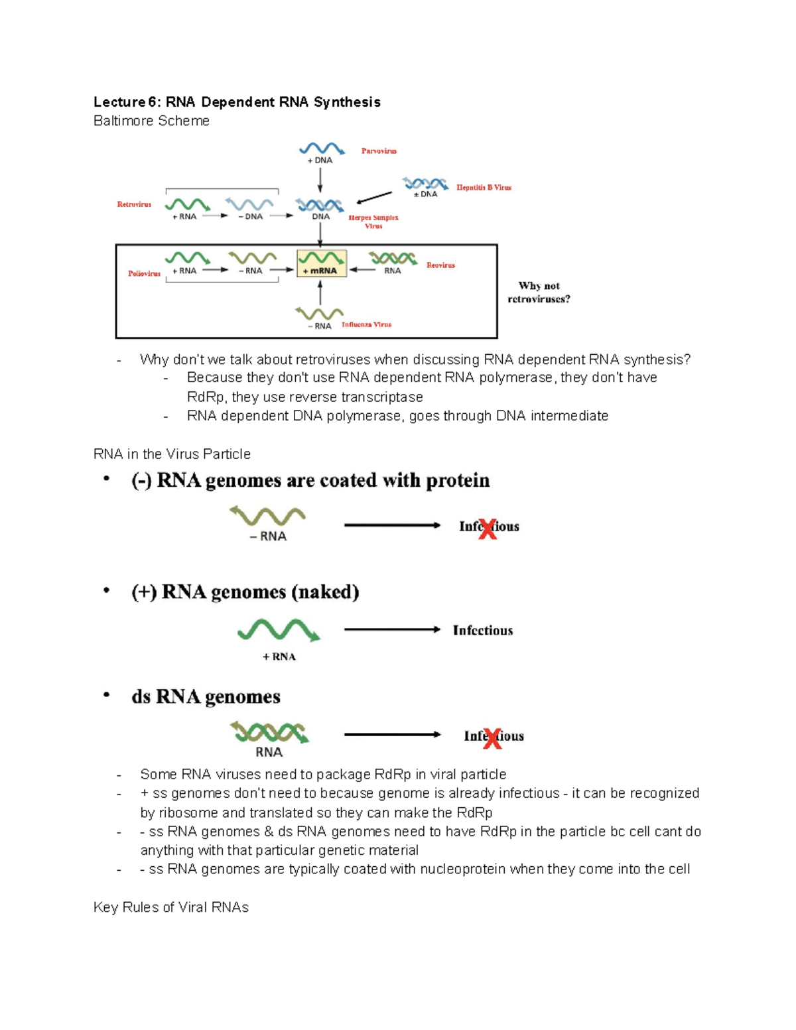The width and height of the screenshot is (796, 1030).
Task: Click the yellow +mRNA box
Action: (321, 263)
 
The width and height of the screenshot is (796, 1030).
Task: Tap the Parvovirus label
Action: (379, 151)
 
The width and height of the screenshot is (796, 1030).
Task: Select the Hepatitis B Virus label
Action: (484, 188)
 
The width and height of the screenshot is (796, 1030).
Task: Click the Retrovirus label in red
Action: (134, 204)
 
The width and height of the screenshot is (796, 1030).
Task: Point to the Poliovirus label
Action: (144, 273)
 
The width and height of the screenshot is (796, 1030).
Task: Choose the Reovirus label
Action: (440, 265)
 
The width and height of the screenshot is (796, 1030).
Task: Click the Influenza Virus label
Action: (366, 325)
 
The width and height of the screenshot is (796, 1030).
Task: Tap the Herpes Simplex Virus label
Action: (373, 222)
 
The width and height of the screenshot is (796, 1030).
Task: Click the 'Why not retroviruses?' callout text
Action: (539, 292)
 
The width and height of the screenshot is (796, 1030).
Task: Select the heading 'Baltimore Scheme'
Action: (151, 121)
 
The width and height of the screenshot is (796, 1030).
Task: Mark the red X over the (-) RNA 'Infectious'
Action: (488, 529)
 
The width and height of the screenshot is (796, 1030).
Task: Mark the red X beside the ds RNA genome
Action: (492, 738)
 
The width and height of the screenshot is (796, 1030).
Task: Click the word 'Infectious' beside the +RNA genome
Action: (482, 631)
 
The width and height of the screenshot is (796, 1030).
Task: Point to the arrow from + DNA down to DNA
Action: (320, 180)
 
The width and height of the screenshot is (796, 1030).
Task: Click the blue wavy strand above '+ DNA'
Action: (321, 149)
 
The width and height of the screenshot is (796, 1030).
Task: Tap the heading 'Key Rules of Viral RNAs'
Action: (171, 907)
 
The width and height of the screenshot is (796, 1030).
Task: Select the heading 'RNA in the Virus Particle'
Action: (172, 454)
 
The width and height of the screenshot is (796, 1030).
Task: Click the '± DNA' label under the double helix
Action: (425, 194)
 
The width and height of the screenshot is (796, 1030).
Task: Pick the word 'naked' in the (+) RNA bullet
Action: (324, 592)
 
